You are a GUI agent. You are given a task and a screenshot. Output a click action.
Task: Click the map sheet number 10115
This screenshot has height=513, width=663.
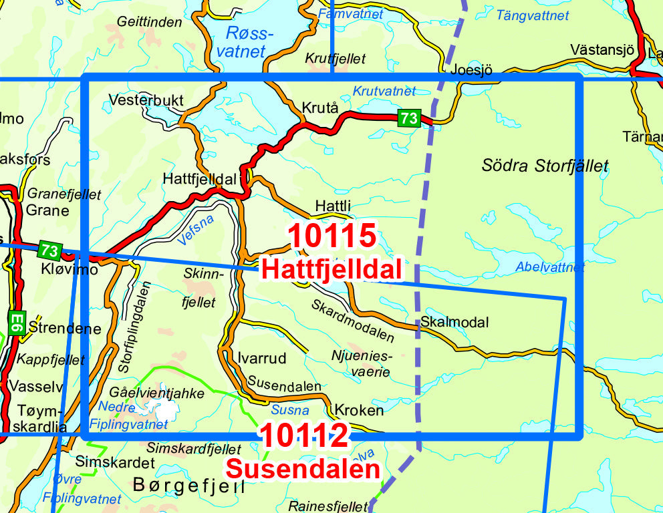(x=332, y=236)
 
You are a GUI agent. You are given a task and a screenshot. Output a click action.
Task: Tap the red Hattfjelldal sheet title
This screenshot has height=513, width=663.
(x=332, y=269)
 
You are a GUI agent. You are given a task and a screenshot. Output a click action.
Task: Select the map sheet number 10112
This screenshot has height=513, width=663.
(x=304, y=436)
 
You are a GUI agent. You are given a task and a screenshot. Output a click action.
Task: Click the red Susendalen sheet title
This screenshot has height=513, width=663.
(x=303, y=469)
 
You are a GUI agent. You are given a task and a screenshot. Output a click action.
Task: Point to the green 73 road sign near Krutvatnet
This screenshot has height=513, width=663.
(x=408, y=118)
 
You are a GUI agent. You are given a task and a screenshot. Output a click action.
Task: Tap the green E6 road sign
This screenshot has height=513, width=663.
(x=17, y=323)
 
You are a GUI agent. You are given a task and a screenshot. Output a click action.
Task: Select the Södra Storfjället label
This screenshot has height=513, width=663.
(x=545, y=166)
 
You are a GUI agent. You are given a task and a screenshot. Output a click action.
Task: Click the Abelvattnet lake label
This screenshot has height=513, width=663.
(x=549, y=267)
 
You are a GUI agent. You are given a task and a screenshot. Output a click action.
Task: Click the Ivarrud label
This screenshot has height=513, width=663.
(x=261, y=358)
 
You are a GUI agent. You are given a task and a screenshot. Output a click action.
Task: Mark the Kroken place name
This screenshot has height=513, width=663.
(x=359, y=410)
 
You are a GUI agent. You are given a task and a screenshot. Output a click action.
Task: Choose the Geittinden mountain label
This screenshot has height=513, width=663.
(x=149, y=21)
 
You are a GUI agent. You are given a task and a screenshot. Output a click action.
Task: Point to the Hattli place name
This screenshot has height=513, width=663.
(x=332, y=206)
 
